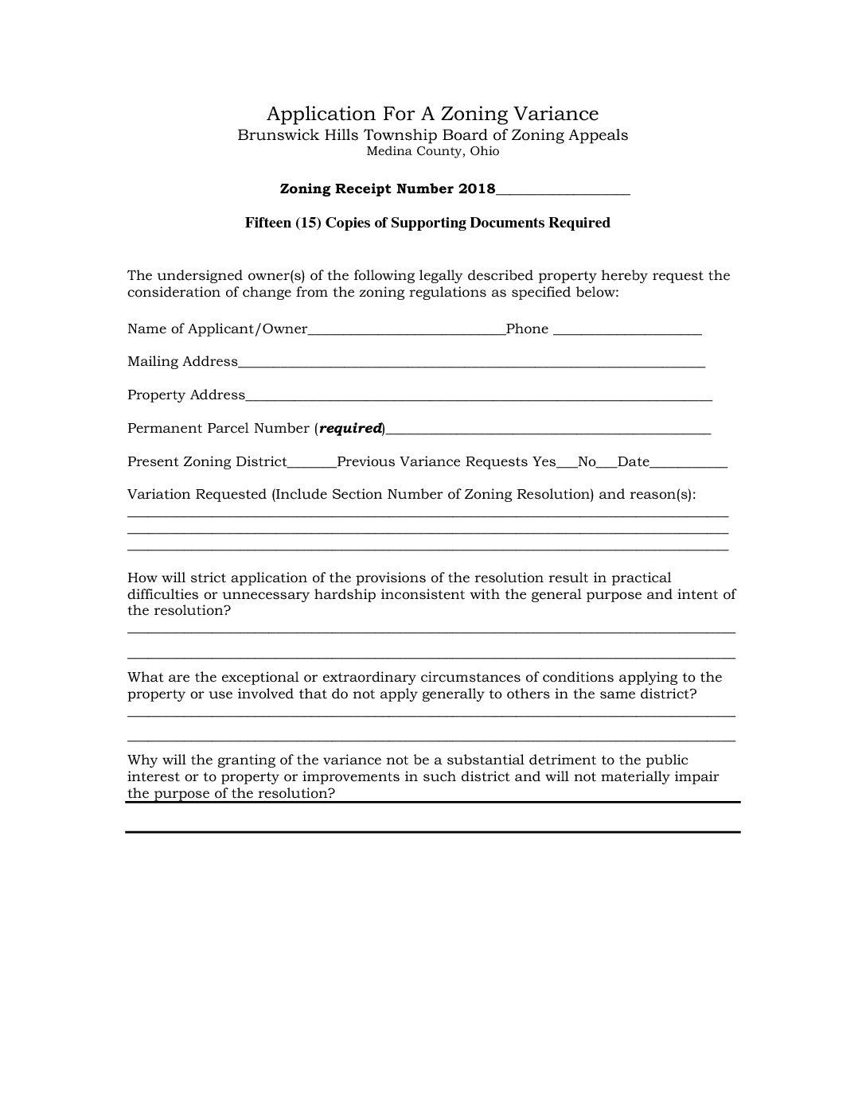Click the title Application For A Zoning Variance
(432, 113)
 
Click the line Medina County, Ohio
(432, 151)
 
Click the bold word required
(350, 428)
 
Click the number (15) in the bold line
(307, 223)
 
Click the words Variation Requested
(197, 494)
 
